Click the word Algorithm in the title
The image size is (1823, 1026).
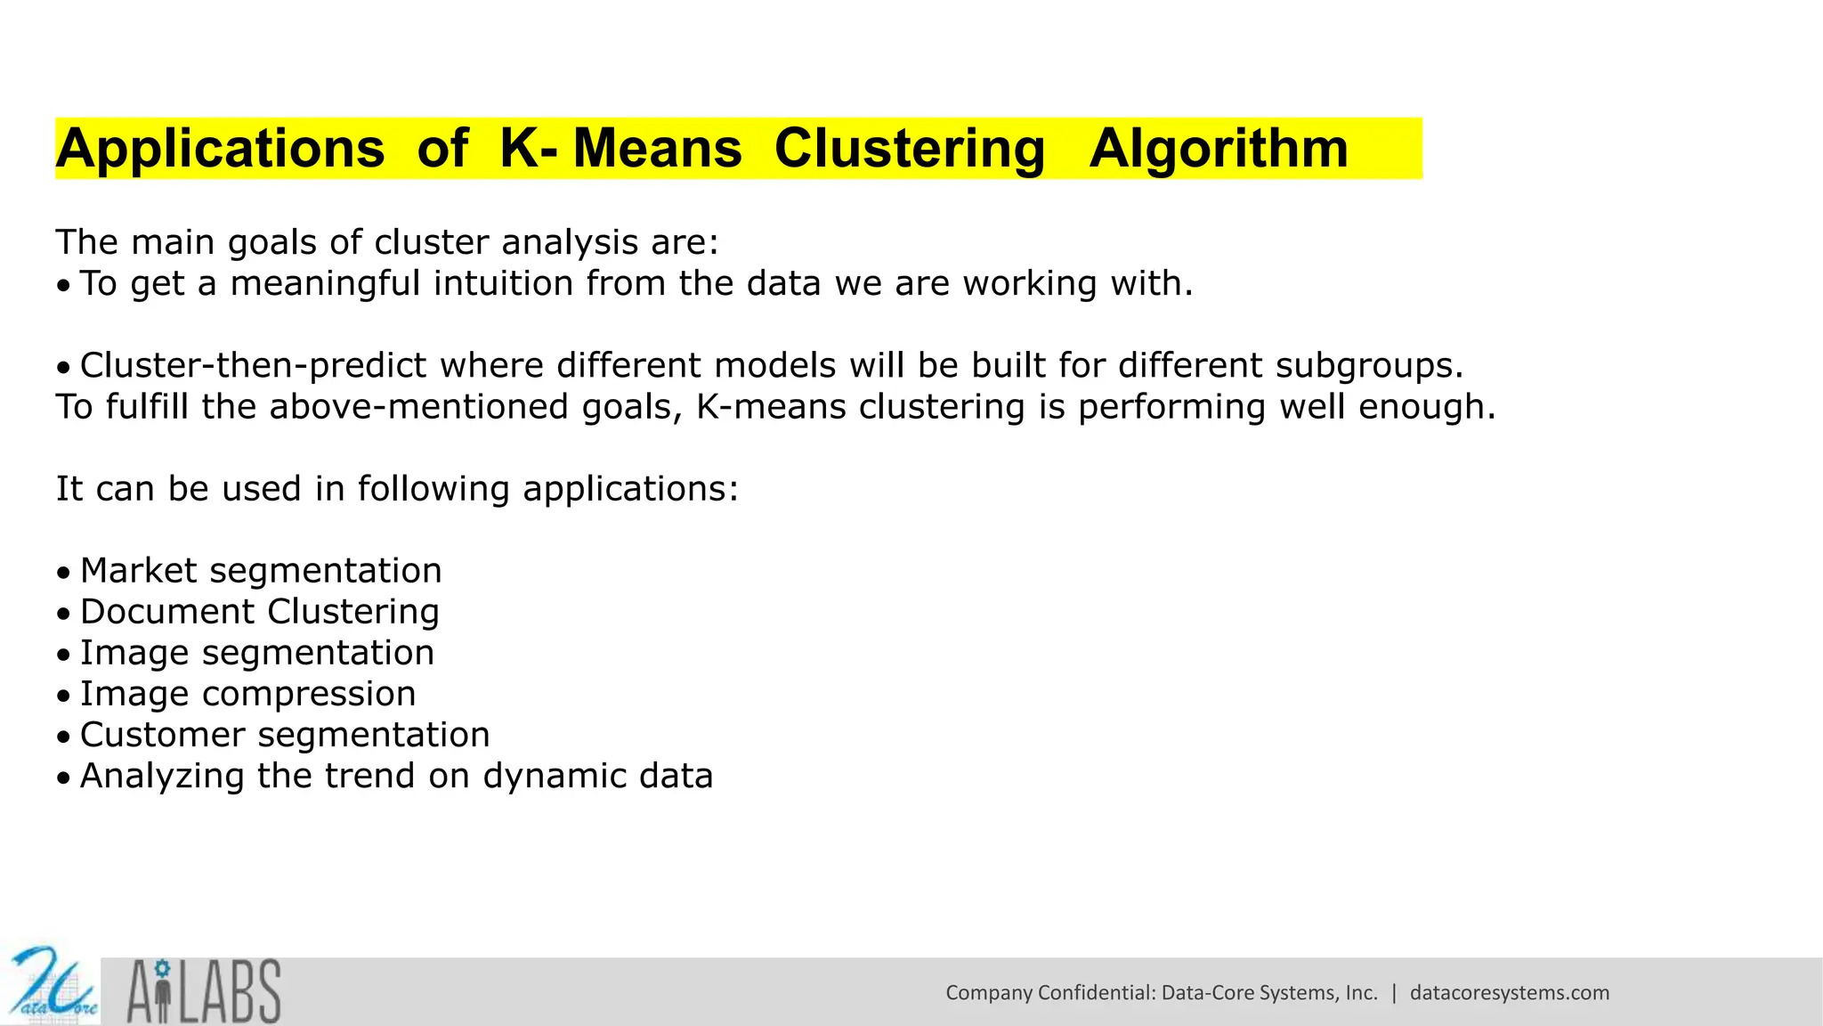1218,149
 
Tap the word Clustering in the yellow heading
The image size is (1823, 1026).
909,149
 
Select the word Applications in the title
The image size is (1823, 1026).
220,149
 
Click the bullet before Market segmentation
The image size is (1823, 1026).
62,573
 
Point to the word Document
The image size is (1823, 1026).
167,612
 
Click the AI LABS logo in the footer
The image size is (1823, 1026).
204,990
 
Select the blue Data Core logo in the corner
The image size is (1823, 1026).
51,986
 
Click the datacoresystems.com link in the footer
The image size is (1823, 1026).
1509,992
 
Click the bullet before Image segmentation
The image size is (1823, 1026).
62,655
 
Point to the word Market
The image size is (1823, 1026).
138,571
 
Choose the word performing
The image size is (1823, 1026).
1171,406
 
